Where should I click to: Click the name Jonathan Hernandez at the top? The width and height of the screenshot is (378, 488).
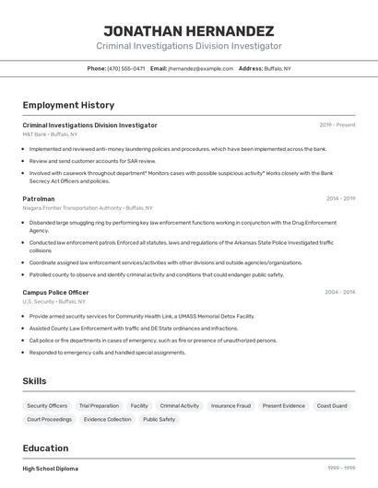(x=188, y=30)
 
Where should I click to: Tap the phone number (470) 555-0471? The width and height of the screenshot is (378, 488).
(x=125, y=68)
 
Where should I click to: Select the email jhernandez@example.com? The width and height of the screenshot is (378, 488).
(x=200, y=68)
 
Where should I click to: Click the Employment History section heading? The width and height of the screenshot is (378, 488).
(x=68, y=105)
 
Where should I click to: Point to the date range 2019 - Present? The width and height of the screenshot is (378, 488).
(x=337, y=124)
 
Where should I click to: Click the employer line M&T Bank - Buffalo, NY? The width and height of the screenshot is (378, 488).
(x=51, y=134)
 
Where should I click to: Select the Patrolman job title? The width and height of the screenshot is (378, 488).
(x=39, y=198)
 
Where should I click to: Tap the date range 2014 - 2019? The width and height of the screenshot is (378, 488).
(x=340, y=198)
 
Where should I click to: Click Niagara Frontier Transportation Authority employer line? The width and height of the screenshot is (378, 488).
(x=88, y=208)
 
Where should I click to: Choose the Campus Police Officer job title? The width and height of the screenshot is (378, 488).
(x=55, y=292)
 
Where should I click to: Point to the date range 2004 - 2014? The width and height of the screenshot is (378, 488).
(x=339, y=292)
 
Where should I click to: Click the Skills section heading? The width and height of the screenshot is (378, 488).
(x=34, y=380)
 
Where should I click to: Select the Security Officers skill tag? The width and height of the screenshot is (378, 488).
(x=47, y=405)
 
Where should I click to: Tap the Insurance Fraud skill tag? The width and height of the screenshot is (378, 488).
(x=230, y=405)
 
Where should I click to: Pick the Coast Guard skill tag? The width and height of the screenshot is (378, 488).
(x=332, y=405)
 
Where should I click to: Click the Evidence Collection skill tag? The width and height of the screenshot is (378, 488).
(x=108, y=419)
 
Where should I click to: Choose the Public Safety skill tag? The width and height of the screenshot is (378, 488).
(x=159, y=419)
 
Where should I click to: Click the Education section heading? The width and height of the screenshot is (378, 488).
(x=45, y=448)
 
